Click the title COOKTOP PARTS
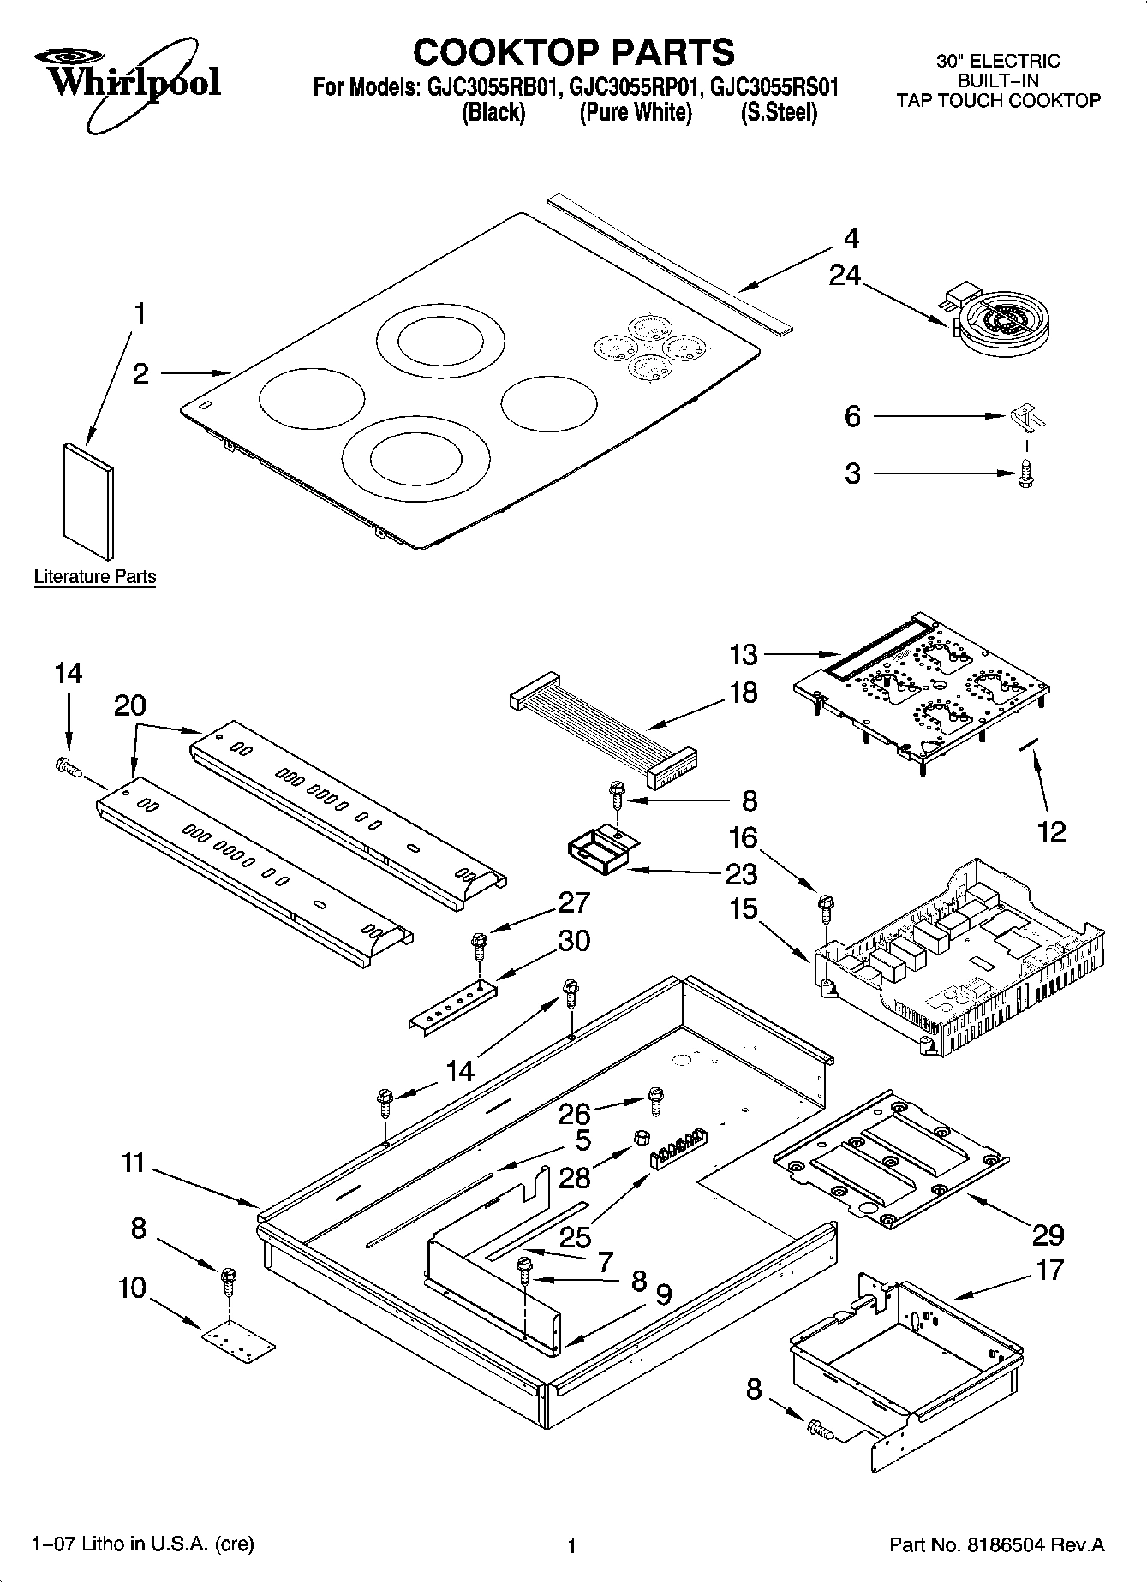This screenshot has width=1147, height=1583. pyautogui.click(x=573, y=52)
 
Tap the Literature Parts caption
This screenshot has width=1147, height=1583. pyautogui.click(x=95, y=577)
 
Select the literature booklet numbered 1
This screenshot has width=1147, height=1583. pyautogui.click(x=87, y=500)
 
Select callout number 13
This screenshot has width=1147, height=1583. pyautogui.click(x=744, y=655)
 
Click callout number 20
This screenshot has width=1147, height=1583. pyautogui.click(x=129, y=706)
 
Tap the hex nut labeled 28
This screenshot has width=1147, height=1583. pyautogui.click(x=639, y=1137)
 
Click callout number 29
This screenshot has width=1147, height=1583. pyautogui.click(x=1048, y=1234)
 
